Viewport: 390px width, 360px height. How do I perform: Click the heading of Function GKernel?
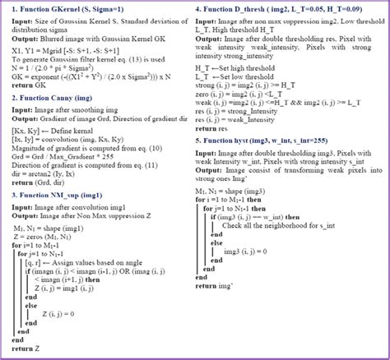pos(77,9)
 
